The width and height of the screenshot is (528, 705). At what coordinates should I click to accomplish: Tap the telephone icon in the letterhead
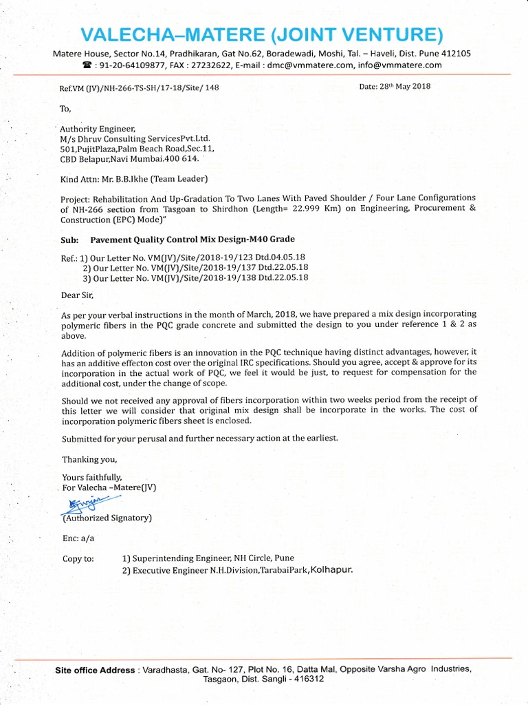point(87,65)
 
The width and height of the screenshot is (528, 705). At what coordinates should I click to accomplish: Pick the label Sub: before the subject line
point(69,240)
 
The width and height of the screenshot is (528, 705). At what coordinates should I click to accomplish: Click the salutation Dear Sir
point(76,295)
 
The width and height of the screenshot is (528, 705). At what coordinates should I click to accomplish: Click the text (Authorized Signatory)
point(107,518)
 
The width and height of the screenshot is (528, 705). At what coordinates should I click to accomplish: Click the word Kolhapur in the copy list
point(331,570)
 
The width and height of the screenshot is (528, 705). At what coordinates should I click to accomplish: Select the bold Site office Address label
point(95,670)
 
